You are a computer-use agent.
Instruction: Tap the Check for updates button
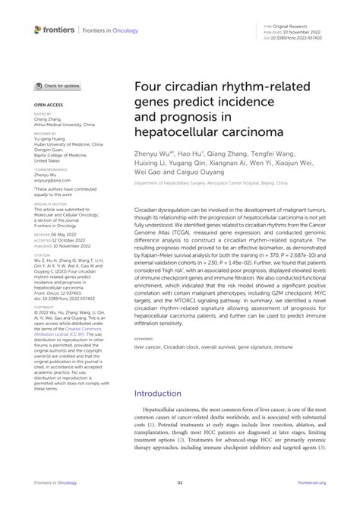coord(58,86)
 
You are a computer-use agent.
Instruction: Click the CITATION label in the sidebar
coord(42,254)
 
